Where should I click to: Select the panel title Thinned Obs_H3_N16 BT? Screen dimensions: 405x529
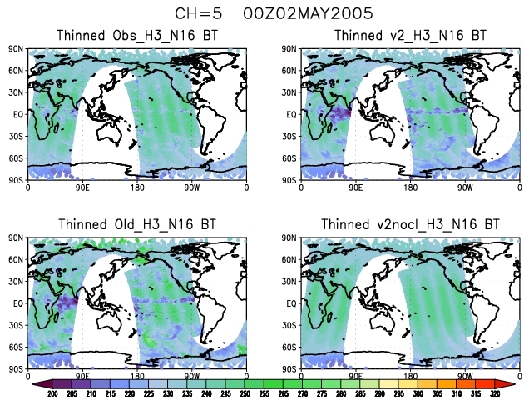click(137, 36)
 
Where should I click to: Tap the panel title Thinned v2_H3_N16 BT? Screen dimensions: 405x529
click(414, 36)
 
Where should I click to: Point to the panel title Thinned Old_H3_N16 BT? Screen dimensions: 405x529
click(137, 224)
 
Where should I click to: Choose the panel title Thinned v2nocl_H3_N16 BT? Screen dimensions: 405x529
click(411, 224)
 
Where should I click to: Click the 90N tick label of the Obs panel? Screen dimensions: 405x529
click(17, 49)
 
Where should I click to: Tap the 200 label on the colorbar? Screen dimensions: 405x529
click(52, 394)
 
